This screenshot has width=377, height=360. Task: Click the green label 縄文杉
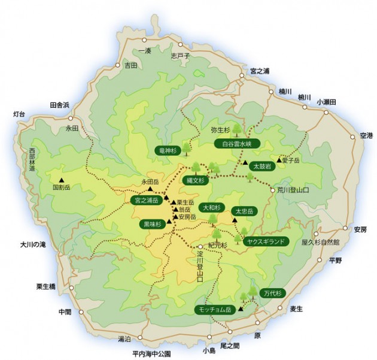[x=194, y=180]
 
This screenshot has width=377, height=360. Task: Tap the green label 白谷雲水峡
[x=236, y=144]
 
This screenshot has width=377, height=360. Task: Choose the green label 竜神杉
[x=168, y=151]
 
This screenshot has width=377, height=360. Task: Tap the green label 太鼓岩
[x=262, y=166]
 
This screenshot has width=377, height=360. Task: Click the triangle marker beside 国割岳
[x=61, y=179]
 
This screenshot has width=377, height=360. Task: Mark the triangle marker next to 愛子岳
[x=279, y=160]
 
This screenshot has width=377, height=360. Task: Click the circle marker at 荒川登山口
[x=272, y=190]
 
